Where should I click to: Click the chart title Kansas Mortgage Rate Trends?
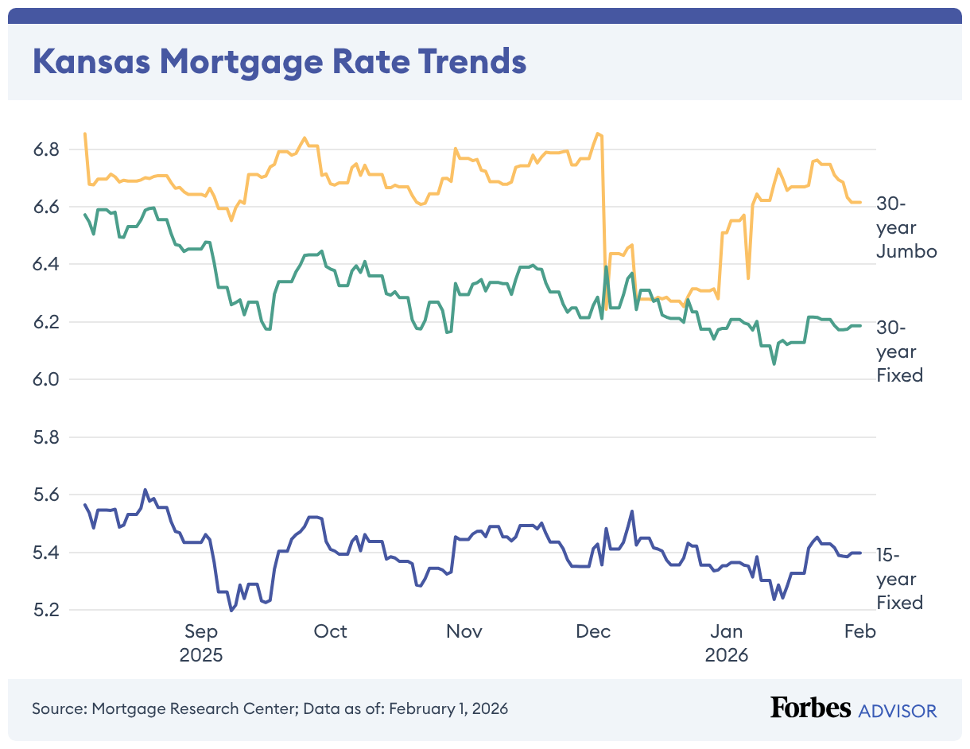[x=279, y=62]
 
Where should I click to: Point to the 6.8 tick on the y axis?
[x=48, y=149]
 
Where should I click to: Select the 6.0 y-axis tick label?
[x=48, y=379]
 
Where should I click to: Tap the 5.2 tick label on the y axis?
[x=48, y=610]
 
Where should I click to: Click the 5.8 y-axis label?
[x=48, y=437]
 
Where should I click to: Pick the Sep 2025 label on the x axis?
[x=201, y=643]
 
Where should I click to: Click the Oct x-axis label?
[x=330, y=631]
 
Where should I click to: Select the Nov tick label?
[x=464, y=631]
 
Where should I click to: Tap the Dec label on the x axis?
[x=593, y=631]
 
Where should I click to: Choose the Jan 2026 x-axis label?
[x=727, y=643]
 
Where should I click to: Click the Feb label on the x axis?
[x=859, y=631]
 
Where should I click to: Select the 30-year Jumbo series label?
[x=906, y=227]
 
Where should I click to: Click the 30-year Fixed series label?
[x=899, y=351]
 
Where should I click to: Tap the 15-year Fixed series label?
[x=899, y=578]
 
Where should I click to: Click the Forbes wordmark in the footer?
[x=810, y=708]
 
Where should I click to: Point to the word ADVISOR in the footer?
[x=898, y=710]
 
